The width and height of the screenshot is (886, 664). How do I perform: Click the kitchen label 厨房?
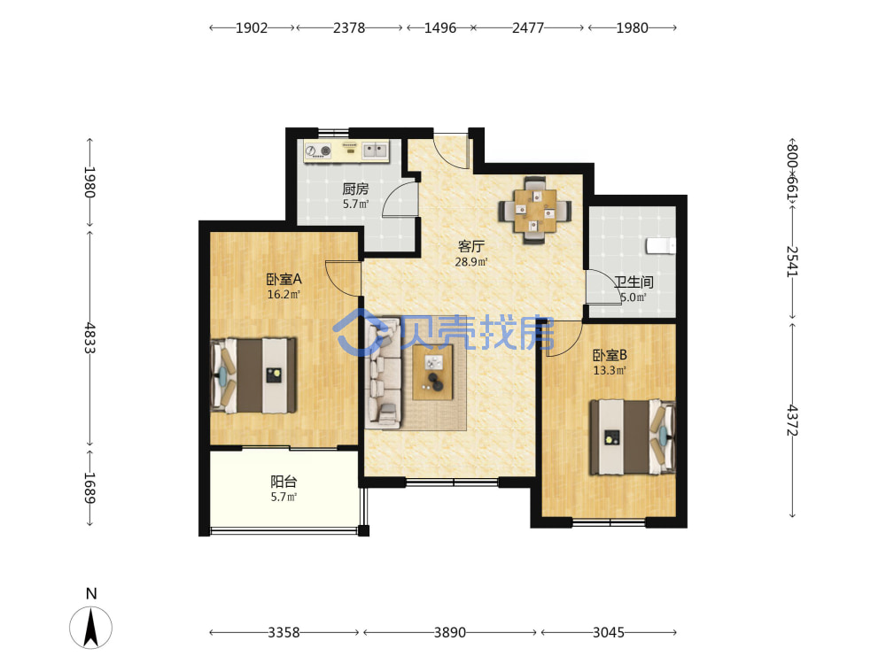coord(355,189)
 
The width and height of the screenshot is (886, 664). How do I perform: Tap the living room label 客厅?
coord(470,247)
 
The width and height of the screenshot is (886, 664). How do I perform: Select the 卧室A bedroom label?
coord(284,279)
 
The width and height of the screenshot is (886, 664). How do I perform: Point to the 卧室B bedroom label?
coord(610,355)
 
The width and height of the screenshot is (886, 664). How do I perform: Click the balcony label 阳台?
coord(284,482)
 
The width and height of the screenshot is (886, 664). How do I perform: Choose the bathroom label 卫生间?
coord(633,282)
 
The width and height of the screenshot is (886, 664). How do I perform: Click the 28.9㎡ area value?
coord(471,262)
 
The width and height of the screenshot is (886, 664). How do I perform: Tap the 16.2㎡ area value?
coord(284,294)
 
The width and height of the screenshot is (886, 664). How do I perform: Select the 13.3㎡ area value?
coord(610,370)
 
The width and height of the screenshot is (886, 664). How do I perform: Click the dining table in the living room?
coord(534,211)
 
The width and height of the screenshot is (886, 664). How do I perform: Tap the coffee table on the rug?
coord(433,372)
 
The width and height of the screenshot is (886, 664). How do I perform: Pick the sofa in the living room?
coord(383,372)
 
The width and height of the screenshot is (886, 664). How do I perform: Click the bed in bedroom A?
coord(253,375)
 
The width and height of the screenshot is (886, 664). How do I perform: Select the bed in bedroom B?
coord(633,437)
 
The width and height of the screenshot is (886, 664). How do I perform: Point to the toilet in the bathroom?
coord(661,245)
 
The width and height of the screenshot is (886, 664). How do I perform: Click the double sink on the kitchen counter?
coord(375,151)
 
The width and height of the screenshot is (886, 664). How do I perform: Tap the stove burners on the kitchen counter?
coord(318,151)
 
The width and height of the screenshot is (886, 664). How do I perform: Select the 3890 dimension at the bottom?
coord(450,632)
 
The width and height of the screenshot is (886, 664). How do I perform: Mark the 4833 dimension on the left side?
coord(89,337)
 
